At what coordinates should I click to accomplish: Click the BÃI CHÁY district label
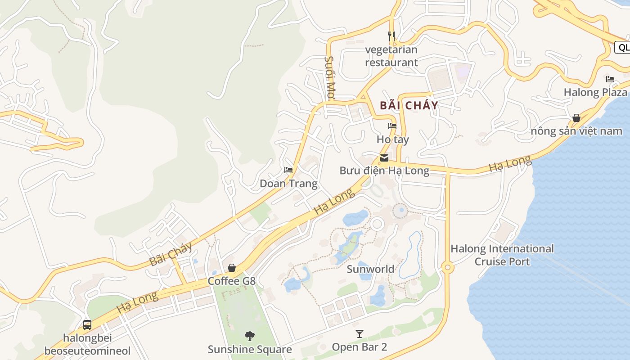[409, 106]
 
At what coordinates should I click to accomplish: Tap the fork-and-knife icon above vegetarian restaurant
[391, 36]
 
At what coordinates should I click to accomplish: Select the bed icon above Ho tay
[392, 126]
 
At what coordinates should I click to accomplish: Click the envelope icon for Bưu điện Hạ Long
[384, 157]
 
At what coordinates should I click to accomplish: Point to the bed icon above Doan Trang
[288, 170]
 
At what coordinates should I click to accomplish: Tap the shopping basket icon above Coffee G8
[232, 268]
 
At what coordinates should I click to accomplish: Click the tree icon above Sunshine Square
[249, 336]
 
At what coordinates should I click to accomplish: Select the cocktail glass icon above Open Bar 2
[360, 334]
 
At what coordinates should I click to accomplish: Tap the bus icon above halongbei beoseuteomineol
[87, 324]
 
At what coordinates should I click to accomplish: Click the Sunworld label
[370, 269]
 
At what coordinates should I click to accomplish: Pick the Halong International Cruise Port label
[502, 255]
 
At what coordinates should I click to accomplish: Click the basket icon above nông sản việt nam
[576, 118]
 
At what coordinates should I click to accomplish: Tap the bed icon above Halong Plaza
[610, 79]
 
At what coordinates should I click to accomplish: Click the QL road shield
[623, 47]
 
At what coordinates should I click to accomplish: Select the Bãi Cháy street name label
[171, 254]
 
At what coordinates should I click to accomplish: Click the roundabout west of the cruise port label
[447, 268]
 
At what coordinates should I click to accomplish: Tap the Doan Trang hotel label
[288, 184]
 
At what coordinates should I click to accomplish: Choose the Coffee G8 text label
[231, 281]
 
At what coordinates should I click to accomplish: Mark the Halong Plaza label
[595, 92]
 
